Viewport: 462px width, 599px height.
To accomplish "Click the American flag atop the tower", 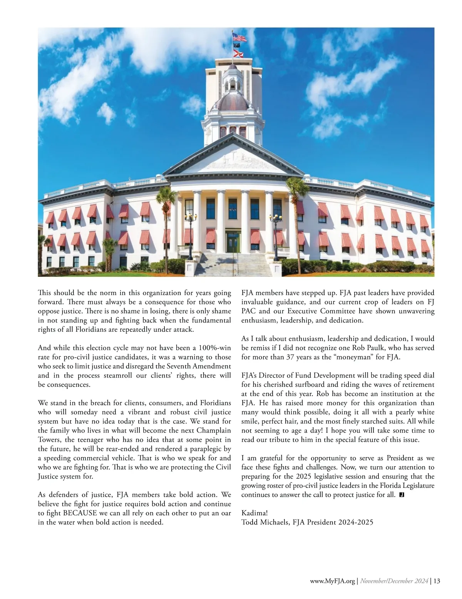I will [238, 38].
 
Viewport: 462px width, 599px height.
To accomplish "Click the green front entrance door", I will [232, 242].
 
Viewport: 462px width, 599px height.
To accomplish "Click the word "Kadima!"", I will [254, 513].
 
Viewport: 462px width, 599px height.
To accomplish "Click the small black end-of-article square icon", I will [402, 494].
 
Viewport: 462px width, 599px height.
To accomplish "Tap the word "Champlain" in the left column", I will [214, 430].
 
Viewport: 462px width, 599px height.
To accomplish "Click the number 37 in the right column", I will [290, 357].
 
